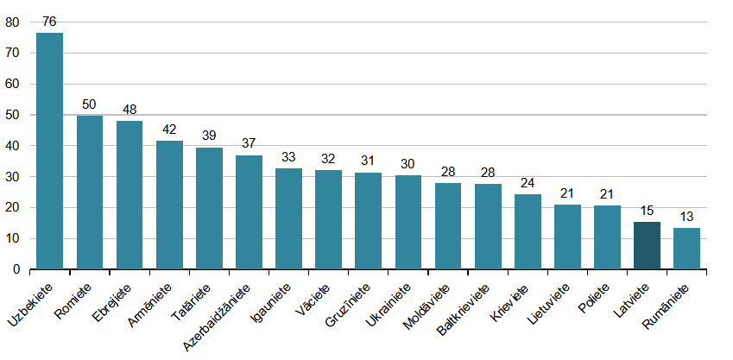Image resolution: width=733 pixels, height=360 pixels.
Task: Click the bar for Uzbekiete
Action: click(49, 151)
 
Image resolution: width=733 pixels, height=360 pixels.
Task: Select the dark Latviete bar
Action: click(648, 246)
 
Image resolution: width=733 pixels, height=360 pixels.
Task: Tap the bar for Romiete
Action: click(90, 192)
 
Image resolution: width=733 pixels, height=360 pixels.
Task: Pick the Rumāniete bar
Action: click(686, 249)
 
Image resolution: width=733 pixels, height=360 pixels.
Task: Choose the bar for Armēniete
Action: click(169, 205)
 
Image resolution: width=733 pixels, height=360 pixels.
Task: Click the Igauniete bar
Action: click(288, 218)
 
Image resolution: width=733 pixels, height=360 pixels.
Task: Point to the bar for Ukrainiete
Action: click(408, 223)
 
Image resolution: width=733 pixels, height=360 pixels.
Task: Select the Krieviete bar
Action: click(528, 231)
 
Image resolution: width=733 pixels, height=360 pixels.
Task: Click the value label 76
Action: click(49, 20)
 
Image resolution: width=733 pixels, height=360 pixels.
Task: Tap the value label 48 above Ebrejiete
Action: click(130, 110)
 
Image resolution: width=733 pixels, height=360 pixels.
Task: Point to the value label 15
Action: click(648, 211)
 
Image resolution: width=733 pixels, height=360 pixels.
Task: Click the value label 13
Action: click(686, 217)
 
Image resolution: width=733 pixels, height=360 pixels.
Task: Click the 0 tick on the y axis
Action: click(15, 269)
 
